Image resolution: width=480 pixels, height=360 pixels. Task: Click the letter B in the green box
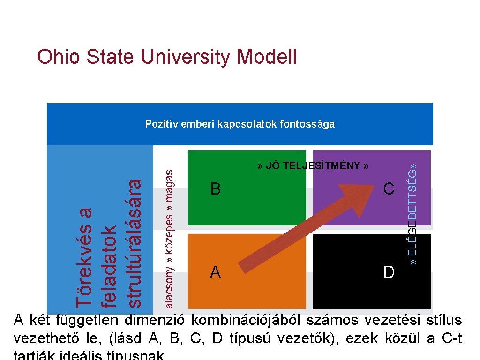pos(215,189)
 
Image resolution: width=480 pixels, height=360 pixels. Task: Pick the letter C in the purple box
pos(389,189)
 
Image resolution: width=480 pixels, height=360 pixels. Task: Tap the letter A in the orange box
pos(215,272)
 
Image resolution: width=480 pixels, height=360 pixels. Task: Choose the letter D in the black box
pos(389,272)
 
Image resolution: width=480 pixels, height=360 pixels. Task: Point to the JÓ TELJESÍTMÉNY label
pos(313,165)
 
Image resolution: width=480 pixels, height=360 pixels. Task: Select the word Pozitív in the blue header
pos(159,124)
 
